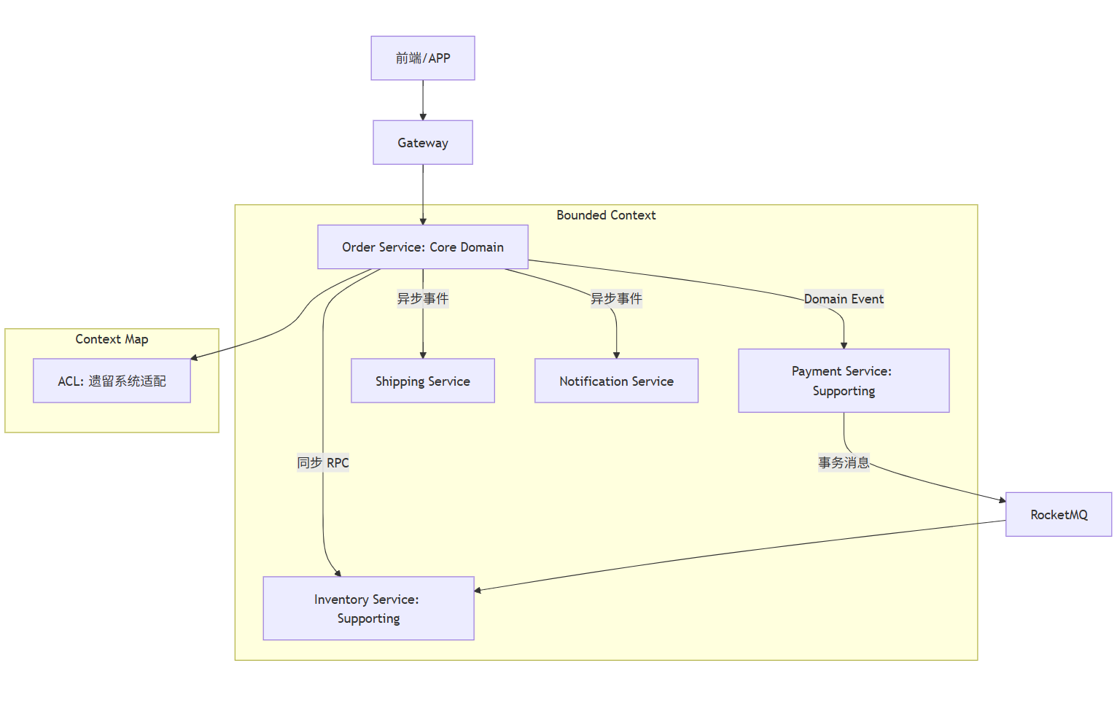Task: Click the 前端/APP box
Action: click(423, 58)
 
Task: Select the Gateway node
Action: click(423, 143)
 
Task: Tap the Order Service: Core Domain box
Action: click(423, 246)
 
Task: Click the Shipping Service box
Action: click(423, 381)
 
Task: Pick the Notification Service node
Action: click(616, 381)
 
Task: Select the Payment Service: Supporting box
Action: click(844, 381)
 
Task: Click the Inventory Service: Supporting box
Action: click(368, 608)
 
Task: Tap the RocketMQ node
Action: click(1059, 515)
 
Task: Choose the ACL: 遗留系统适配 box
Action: click(112, 381)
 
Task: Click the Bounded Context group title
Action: click(606, 215)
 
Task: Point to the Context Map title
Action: click(112, 339)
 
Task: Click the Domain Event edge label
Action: click(844, 299)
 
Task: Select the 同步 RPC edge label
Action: click(323, 462)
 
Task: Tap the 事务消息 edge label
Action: click(844, 462)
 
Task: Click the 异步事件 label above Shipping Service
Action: click(423, 299)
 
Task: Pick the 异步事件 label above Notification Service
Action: click(616, 299)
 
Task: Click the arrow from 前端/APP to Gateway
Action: click(423, 100)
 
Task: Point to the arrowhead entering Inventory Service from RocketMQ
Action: click(478, 591)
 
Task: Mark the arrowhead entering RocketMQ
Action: click(1003, 500)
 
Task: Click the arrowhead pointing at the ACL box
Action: click(195, 357)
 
